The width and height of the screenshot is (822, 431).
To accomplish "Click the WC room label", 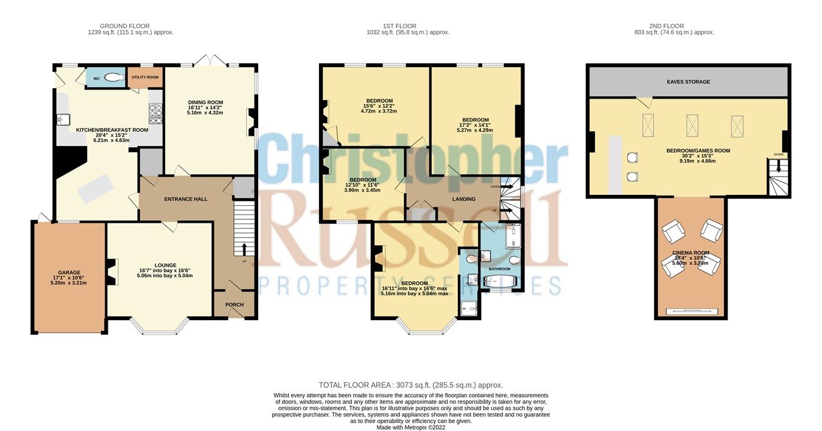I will click(x=96, y=78).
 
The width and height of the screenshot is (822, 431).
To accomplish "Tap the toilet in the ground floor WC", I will click(x=113, y=77).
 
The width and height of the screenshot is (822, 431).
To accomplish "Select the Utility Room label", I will click(x=144, y=77).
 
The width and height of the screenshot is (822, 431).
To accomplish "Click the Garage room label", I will click(x=69, y=272).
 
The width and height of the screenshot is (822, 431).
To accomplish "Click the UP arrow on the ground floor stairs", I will click(x=245, y=250).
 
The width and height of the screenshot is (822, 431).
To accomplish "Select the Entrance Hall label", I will click(x=186, y=199).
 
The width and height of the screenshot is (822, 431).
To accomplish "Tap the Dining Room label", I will click(x=205, y=102).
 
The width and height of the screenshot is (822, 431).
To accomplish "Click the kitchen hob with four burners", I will click(x=155, y=114).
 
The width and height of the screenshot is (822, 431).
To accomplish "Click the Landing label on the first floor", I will click(x=463, y=198).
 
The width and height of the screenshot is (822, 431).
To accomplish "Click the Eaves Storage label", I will click(x=688, y=82).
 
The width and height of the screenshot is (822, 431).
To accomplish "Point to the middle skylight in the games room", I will click(x=692, y=125).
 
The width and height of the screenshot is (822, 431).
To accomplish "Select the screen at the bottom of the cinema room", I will click(x=690, y=312).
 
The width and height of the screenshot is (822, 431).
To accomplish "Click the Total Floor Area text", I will click(x=411, y=385).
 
